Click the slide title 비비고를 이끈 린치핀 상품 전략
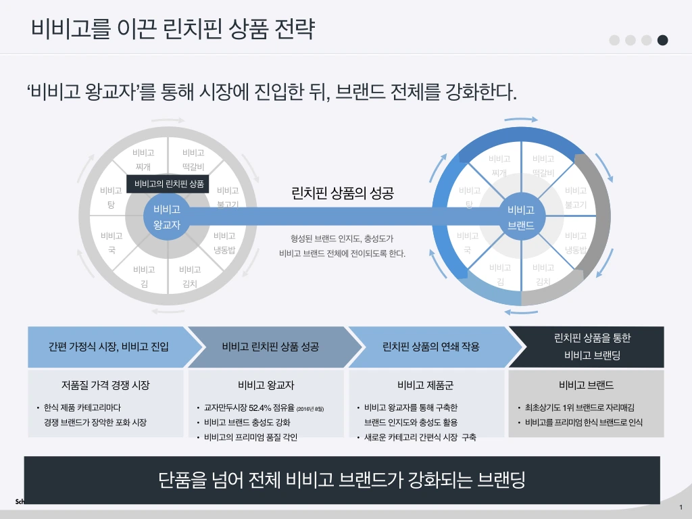[172, 29]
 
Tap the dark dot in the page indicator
[663, 40]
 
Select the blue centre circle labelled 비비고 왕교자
[167, 217]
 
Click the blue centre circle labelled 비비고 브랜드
[521, 217]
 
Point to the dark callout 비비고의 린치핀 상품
[169, 184]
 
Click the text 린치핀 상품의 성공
[342, 193]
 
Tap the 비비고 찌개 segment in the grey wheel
[143, 159]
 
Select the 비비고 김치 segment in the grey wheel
[190, 276]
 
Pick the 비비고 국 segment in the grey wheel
[112, 243]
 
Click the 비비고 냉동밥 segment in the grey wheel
[224, 243]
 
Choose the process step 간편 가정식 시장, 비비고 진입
[108, 347]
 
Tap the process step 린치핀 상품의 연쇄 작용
[430, 347]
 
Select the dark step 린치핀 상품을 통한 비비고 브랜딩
[592, 347]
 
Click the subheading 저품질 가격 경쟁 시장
[105, 385]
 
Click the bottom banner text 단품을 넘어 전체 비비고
[341, 480]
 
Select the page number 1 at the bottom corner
[681, 508]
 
